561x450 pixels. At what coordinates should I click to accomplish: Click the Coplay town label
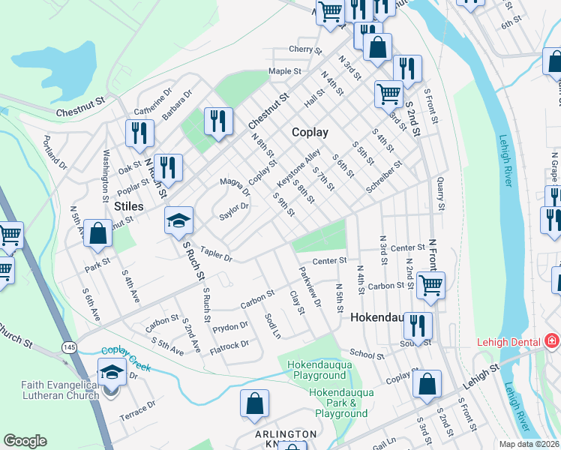click(310, 132)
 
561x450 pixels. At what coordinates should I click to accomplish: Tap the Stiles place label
click(129, 205)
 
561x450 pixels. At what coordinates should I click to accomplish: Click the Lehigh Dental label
click(509, 342)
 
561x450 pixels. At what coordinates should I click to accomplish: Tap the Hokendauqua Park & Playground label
click(340, 403)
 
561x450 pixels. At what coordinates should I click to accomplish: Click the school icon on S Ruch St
click(178, 221)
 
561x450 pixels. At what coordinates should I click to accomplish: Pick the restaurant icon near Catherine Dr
click(140, 133)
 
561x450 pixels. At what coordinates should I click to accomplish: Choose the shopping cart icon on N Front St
click(430, 284)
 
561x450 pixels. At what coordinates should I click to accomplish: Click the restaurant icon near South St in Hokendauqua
click(418, 325)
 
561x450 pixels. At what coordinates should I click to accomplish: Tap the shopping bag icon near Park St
click(97, 233)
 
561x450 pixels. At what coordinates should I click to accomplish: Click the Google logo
click(25, 441)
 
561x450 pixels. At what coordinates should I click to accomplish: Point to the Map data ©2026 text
click(528, 444)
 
